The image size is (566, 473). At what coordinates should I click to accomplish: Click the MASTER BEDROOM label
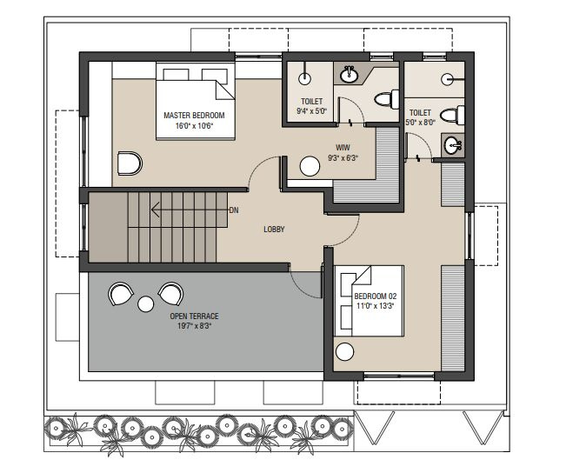click(x=194, y=116)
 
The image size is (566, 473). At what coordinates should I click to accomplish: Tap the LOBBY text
click(x=274, y=230)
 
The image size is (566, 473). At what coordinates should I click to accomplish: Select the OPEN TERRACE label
click(x=194, y=316)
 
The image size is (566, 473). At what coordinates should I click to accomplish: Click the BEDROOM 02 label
click(x=375, y=296)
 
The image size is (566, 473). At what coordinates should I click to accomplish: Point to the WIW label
click(x=343, y=148)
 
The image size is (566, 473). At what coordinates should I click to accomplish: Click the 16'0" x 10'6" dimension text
click(x=194, y=126)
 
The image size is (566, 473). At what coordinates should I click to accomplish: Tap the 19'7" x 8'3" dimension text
click(x=194, y=326)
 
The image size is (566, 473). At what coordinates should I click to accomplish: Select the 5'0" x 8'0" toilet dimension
click(x=420, y=123)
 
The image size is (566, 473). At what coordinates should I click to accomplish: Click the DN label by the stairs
click(x=234, y=210)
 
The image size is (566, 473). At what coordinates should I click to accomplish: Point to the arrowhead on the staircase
click(x=156, y=210)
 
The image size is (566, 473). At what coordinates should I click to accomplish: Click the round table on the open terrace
click(x=146, y=304)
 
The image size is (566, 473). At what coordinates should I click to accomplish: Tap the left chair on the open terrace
click(x=120, y=294)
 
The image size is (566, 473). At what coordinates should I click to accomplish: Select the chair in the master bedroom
click(x=130, y=163)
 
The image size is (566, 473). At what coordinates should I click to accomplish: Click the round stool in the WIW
click(x=310, y=166)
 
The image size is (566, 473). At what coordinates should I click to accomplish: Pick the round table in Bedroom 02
click(x=344, y=351)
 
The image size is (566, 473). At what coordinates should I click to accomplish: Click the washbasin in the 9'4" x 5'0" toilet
click(x=349, y=75)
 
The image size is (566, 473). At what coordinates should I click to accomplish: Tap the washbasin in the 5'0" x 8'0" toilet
click(x=453, y=145)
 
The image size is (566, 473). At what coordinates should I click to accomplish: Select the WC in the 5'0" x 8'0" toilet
click(x=451, y=116)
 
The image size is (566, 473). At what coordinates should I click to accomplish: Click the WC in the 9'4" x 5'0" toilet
click(x=386, y=98)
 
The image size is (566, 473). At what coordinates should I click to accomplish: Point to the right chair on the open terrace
click(x=171, y=294)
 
